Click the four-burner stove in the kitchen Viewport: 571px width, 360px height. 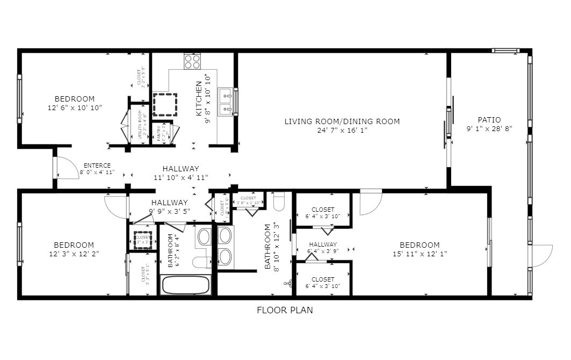click(192, 62)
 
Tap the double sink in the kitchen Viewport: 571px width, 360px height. click(226, 102)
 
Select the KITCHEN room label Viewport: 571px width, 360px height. click(199, 99)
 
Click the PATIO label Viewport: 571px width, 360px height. click(489, 120)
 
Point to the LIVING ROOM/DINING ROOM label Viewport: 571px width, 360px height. click(342, 121)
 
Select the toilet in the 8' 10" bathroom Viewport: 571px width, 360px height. click(278, 202)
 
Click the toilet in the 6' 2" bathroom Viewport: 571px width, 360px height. click(203, 262)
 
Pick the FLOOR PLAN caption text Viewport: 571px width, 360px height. click(285, 310)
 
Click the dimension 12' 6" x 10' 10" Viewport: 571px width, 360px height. click(75, 107)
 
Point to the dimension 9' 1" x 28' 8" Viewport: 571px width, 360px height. click(489, 129)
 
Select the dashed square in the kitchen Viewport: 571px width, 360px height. click(165, 104)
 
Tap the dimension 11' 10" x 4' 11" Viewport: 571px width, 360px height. click(181, 177)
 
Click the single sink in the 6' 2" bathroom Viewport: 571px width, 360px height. click(204, 236)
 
